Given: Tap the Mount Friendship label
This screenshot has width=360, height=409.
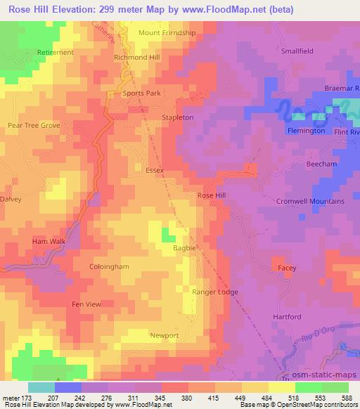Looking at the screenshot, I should pos(168,33).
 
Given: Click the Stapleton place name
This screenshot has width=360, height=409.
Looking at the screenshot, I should pos(177,117).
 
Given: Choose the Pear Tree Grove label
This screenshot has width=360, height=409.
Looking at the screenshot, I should pos(33,125).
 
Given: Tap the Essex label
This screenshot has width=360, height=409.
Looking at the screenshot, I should pos(154,171).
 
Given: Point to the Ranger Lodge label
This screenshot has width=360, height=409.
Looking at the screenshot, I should pos(215,292).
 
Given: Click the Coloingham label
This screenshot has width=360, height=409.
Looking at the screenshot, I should pos(109,267).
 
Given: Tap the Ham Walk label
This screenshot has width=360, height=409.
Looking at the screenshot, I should pos(48,242).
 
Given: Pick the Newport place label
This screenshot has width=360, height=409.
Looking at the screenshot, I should pos(165,336).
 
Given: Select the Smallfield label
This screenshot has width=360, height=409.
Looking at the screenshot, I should pos(300,51).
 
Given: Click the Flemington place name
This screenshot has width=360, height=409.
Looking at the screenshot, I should pos(306,131).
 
